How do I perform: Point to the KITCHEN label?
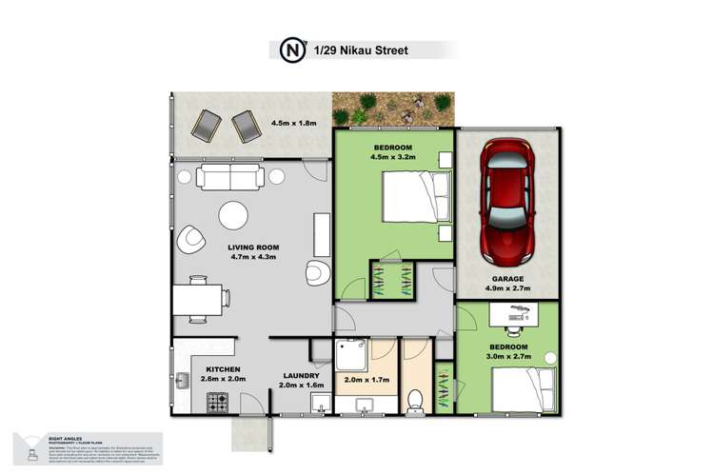(x=220, y=369)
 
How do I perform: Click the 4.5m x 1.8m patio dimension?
(x=294, y=123)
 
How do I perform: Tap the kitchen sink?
(x=182, y=382)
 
